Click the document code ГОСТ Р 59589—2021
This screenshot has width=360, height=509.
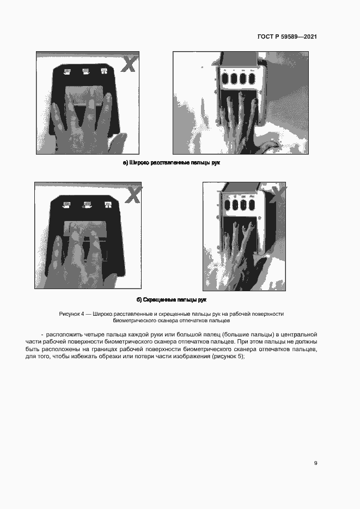(x=287, y=37)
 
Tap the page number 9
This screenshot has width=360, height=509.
(x=315, y=463)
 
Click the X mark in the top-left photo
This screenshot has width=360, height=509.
(x=129, y=64)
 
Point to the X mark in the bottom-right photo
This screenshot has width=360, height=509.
(x=278, y=194)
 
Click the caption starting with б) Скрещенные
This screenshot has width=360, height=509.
(x=172, y=300)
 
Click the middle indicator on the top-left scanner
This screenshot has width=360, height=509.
(x=86, y=71)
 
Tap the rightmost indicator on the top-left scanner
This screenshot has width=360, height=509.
(x=102, y=71)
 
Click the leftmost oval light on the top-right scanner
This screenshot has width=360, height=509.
(x=225, y=77)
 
